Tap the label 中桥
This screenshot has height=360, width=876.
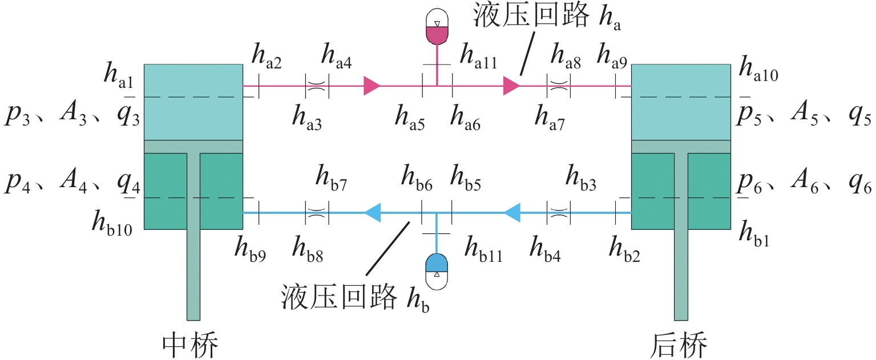point(191,345)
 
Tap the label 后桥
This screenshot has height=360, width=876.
point(680,345)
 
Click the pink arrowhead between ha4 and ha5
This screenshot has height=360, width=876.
point(372,86)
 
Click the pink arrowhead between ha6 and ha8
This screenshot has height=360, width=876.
point(511,86)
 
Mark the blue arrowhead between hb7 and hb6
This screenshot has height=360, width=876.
point(373,212)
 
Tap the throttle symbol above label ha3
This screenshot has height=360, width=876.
point(317,86)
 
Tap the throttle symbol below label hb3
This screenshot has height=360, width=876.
point(559,212)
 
